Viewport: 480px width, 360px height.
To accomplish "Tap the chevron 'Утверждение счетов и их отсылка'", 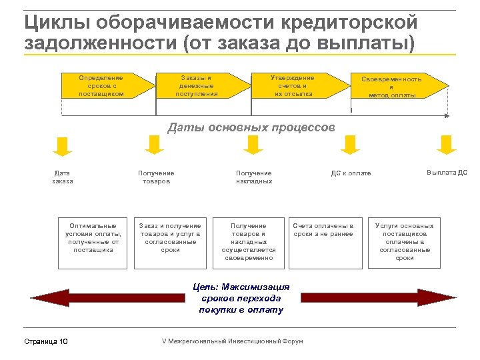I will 293,86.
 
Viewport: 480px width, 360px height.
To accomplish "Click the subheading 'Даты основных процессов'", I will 251,127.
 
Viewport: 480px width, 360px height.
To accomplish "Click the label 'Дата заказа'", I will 62,177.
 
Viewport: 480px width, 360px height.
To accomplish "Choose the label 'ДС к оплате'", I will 351,174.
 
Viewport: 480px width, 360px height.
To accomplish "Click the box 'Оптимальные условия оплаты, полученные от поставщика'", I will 93,241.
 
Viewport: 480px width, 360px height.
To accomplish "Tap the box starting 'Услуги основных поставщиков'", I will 405,241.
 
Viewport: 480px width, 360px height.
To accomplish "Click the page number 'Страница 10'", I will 46,342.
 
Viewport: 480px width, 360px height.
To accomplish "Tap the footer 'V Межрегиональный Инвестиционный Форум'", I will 232,341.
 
